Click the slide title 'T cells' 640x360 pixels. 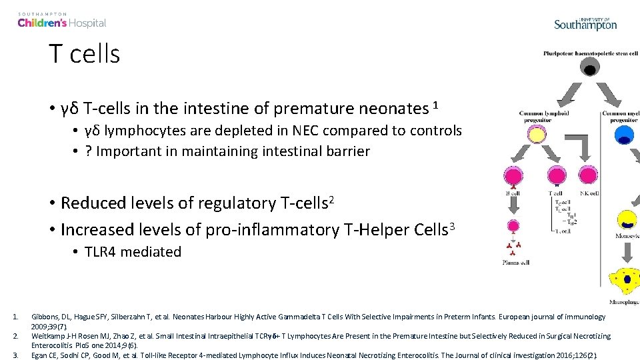pos(84,53)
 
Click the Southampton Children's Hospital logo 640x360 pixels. pos(61,21)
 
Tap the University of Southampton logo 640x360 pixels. pos(585,23)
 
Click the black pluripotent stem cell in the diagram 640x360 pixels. pos(589,67)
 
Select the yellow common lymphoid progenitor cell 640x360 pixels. pos(537,135)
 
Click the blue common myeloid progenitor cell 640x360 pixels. pos(625,135)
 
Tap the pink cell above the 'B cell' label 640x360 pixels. pos(514,176)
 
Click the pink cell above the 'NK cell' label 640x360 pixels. pos(588,176)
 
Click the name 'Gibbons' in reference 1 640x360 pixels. pos(43,317)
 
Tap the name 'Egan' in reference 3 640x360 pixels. pos(39,355)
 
